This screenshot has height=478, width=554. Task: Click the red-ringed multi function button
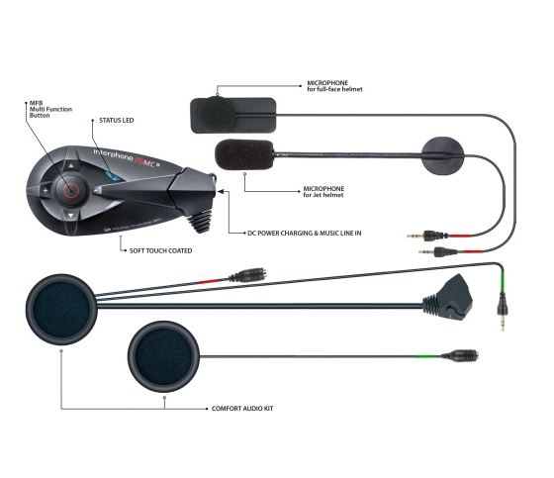pos(70,191)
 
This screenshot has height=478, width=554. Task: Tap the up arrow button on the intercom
pos(71,165)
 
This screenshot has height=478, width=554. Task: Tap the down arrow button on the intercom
pos(71,216)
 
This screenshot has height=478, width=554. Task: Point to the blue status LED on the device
pos(112,175)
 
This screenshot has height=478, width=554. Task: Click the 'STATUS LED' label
pos(117,121)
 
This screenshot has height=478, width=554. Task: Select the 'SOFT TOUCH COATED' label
pos(160,250)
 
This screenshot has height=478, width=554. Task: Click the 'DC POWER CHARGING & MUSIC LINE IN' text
pos(305,233)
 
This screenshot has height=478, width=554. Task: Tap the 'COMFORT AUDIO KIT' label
pos(242,409)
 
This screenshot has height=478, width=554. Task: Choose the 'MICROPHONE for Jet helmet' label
pos(323,192)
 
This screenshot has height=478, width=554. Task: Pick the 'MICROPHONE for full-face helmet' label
pos(334,86)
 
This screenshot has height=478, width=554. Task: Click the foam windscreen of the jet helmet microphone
pos(244,154)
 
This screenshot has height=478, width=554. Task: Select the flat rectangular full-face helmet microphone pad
pos(233,115)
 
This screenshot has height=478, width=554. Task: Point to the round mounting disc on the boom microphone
pos(442,155)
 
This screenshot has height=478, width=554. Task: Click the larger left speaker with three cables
pos(61,310)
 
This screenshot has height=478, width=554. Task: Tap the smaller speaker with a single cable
pos(163,356)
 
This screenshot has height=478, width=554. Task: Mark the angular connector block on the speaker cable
pos(449,299)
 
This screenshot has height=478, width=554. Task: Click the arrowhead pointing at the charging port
pos(221,192)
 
